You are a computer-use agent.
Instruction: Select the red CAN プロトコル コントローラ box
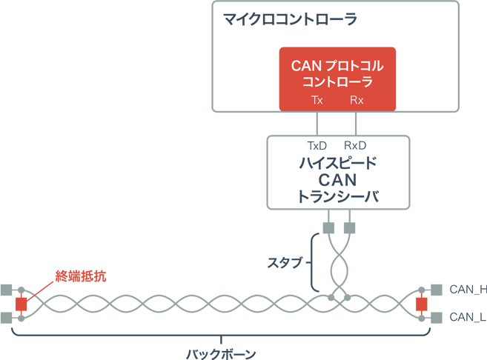click(x=337, y=79)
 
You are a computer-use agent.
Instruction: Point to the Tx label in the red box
click(x=317, y=101)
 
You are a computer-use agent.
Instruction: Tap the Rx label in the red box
click(x=357, y=101)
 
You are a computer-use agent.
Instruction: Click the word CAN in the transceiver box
click(x=337, y=179)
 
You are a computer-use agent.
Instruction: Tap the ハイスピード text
click(x=337, y=162)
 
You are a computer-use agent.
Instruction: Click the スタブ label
click(x=285, y=261)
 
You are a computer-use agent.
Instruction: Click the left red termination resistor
click(x=21, y=304)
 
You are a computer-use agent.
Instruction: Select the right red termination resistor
click(x=422, y=304)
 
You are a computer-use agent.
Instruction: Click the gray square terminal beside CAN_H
click(x=437, y=290)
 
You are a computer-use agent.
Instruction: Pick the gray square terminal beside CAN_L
click(x=437, y=318)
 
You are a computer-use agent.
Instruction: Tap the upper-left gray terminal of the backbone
click(x=7, y=290)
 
